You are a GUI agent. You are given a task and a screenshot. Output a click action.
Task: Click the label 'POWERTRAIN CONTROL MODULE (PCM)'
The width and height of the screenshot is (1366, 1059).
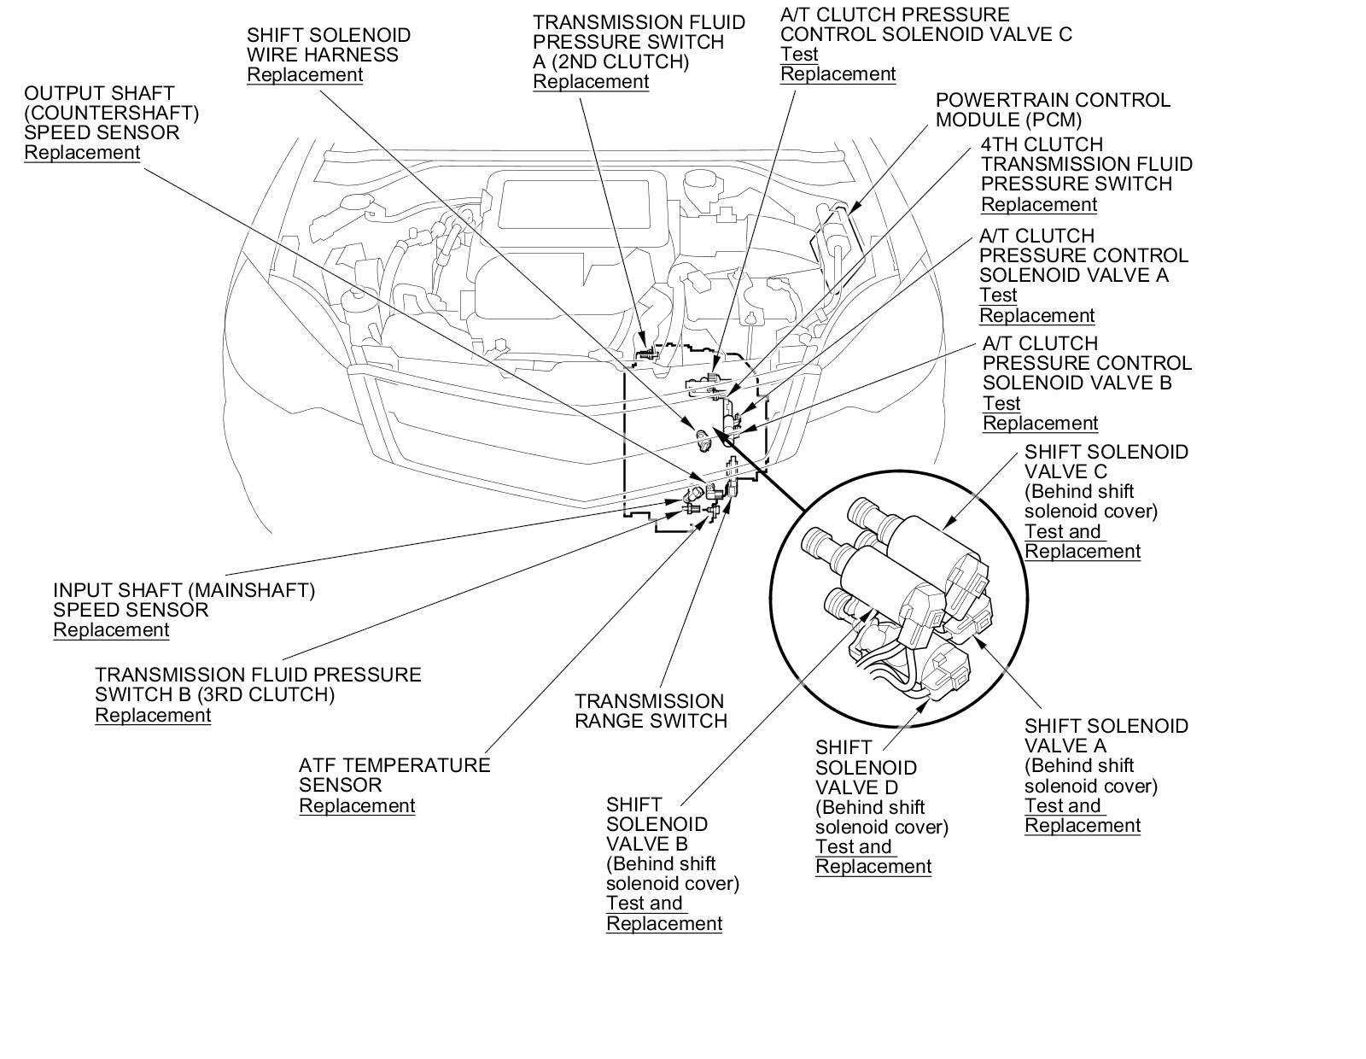click(x=1052, y=110)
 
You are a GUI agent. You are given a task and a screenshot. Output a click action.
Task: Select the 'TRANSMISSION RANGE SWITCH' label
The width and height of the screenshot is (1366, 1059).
click(x=650, y=711)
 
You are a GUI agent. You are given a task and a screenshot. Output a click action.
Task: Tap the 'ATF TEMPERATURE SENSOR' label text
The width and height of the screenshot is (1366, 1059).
click(x=394, y=775)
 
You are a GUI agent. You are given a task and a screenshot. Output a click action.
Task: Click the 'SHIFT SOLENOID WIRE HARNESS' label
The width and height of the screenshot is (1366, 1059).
click(x=329, y=44)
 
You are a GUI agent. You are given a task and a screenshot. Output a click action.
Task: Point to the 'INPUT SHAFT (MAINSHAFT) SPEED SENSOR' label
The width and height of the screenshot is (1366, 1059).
click(x=184, y=600)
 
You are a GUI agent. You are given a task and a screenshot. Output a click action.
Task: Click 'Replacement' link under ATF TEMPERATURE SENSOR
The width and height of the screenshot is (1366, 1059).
click(x=357, y=805)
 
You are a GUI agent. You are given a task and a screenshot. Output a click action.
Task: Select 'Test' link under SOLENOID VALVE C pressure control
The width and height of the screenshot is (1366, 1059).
click(x=799, y=54)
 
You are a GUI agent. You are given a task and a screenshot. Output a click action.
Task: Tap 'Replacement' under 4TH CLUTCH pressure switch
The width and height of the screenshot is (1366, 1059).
click(x=1038, y=204)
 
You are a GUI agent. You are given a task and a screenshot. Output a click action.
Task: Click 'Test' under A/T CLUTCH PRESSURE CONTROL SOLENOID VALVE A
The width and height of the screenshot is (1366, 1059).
click(x=998, y=295)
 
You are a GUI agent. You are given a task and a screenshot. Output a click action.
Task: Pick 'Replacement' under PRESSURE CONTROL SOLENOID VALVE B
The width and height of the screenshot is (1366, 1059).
click(x=1040, y=423)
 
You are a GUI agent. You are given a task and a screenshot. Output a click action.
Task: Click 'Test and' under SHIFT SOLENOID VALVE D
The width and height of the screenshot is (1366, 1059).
click(x=853, y=846)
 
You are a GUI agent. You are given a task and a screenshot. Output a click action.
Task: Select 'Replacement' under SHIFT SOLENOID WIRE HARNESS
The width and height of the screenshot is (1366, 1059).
click(x=305, y=74)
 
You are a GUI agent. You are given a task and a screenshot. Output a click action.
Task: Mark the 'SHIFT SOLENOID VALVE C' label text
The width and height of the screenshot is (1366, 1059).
click(x=1106, y=461)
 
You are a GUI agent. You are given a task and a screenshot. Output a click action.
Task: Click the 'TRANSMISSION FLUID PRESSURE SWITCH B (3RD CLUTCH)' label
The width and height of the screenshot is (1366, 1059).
click(x=258, y=684)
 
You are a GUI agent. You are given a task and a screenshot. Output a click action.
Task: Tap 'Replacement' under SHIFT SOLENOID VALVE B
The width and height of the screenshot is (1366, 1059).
click(x=664, y=923)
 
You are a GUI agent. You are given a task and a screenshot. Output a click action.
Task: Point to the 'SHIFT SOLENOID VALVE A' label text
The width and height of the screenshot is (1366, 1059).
click(x=1106, y=735)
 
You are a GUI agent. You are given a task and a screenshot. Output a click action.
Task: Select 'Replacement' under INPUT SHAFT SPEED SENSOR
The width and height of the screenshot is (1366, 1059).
click(x=111, y=629)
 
